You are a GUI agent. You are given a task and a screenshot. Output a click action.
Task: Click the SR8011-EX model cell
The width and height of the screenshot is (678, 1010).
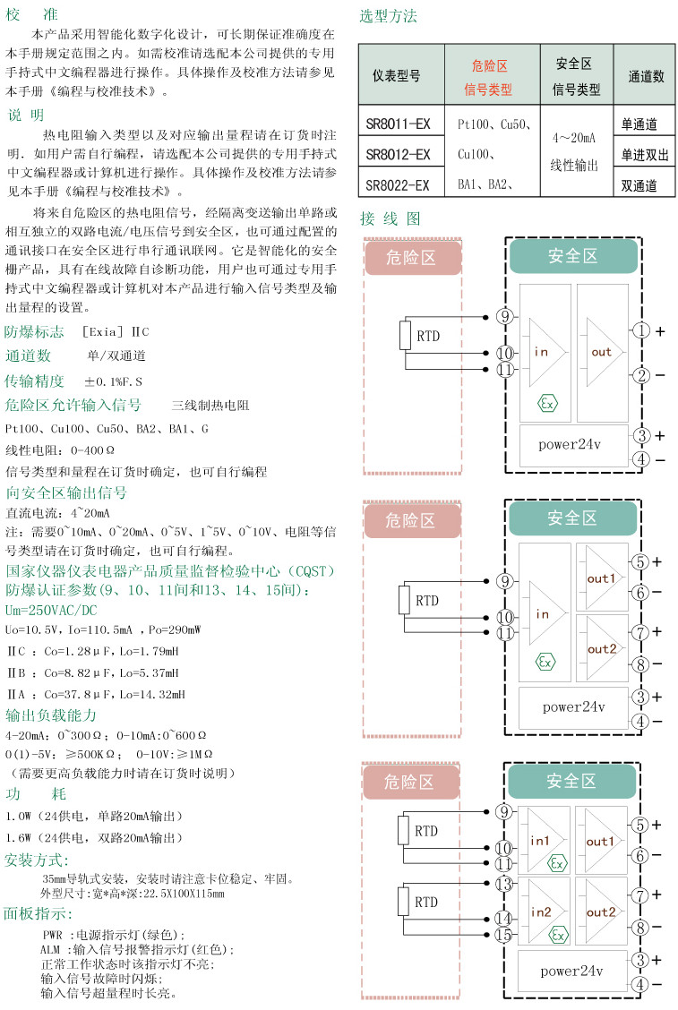399,124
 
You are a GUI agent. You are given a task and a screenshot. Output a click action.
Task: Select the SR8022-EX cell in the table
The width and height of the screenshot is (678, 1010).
399,185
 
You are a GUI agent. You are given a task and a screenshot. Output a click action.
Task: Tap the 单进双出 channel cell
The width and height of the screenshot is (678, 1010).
645,155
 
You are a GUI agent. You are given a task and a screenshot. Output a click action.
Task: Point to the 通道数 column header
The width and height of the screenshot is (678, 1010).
646,76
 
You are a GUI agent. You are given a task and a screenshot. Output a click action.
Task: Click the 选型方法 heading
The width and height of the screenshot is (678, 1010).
388,16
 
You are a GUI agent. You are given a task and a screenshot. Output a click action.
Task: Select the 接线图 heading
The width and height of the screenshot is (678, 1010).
389,218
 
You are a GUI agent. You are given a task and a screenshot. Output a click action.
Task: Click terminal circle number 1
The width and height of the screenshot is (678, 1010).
640,331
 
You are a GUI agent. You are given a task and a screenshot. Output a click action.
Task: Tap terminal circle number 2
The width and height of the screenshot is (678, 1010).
640,374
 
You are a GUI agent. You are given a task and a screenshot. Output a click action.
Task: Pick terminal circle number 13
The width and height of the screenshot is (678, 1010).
504,884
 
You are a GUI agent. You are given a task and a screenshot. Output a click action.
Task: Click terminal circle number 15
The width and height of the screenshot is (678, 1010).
504,935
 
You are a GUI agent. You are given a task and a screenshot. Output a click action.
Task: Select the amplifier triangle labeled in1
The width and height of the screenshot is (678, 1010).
543,842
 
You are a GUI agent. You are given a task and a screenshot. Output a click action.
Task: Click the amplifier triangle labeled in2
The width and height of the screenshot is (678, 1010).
543,912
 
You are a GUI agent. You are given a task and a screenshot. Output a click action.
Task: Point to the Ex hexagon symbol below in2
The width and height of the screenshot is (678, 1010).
558,936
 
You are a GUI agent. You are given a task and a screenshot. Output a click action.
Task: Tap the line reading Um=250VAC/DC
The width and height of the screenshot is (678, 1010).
50,610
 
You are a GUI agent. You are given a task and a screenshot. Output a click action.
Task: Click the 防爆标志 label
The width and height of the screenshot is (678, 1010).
34,332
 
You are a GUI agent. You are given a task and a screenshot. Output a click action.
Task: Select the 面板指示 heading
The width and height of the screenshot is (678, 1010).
39,914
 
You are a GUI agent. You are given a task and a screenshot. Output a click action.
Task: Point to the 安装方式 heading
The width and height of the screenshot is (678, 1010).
37,860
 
